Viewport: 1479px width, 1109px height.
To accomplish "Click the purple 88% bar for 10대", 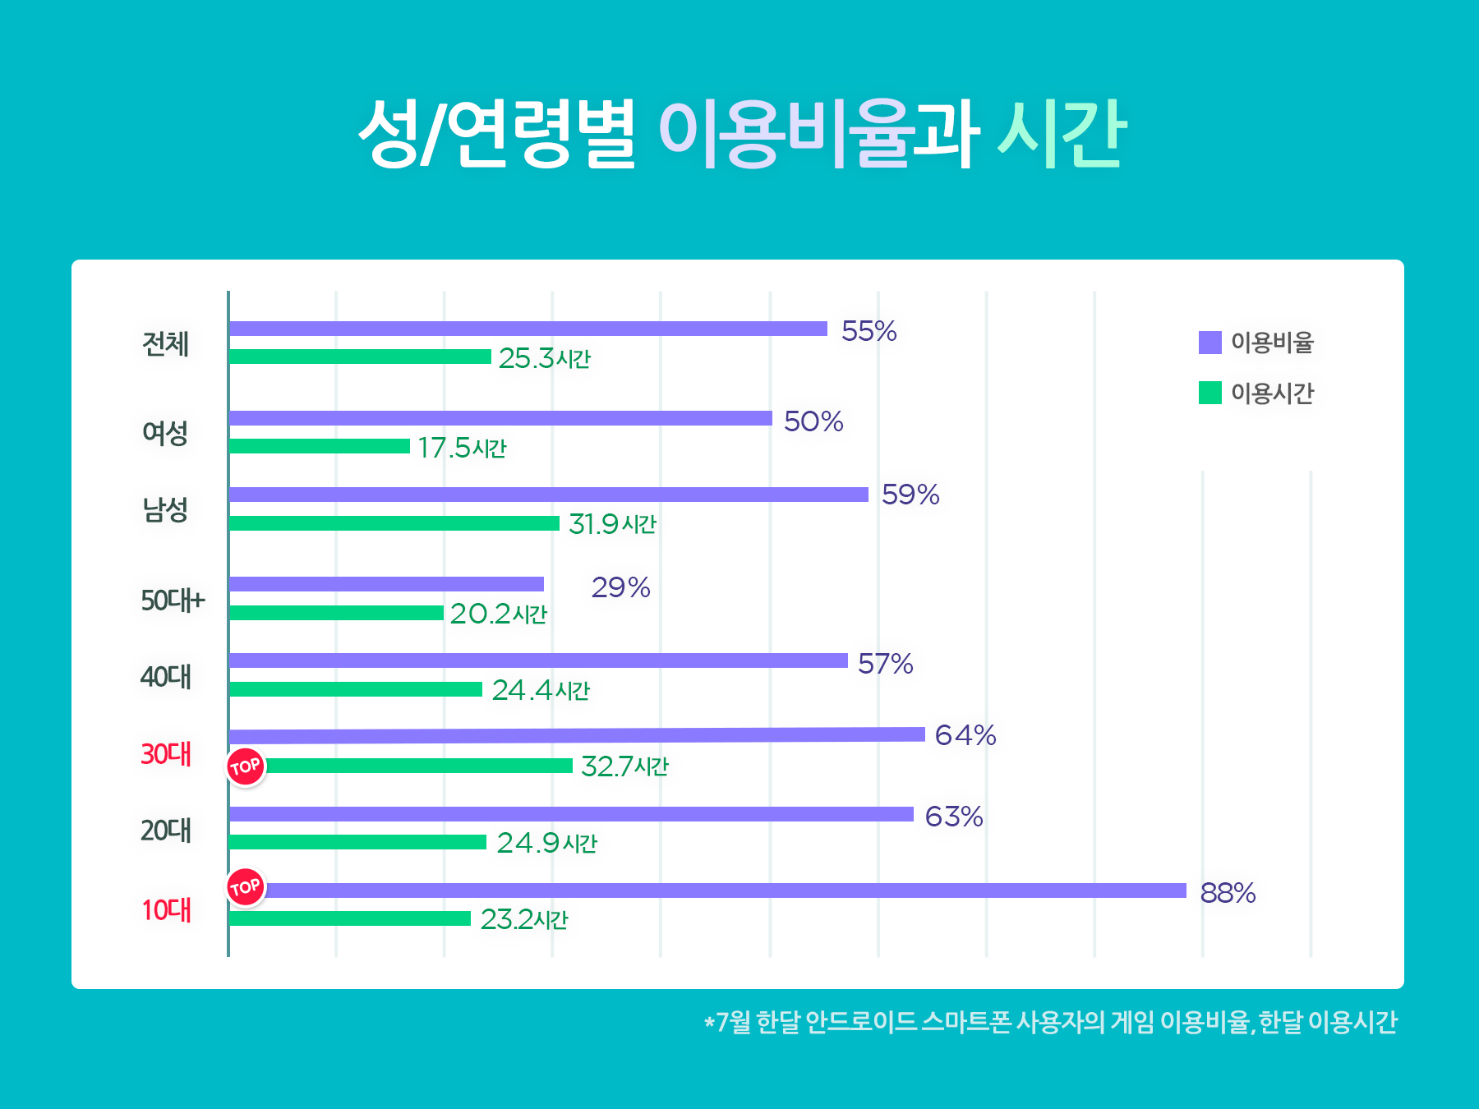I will click(x=723, y=890).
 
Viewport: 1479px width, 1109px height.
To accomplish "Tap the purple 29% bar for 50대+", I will click(x=386, y=584).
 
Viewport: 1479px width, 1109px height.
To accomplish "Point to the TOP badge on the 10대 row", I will click(x=246, y=887).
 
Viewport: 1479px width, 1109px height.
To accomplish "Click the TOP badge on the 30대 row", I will click(x=246, y=767).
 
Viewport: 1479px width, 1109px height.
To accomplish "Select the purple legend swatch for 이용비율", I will click(x=1209, y=343).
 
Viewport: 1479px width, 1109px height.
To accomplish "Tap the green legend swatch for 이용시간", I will click(x=1209, y=393).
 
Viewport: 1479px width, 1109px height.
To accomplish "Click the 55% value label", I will click(x=869, y=331).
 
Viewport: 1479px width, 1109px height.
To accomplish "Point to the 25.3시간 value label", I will click(x=544, y=358).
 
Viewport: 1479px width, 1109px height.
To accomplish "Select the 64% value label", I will click(x=965, y=735).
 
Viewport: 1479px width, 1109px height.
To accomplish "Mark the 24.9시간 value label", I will click(x=546, y=843).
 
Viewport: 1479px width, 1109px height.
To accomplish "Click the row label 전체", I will click(x=165, y=343).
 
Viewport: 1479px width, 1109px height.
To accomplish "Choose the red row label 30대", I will click(x=165, y=754).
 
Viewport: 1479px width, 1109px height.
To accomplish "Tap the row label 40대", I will click(x=165, y=677).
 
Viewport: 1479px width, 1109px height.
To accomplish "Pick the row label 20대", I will click(x=165, y=831).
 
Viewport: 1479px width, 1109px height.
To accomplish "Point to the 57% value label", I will click(x=885, y=664).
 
